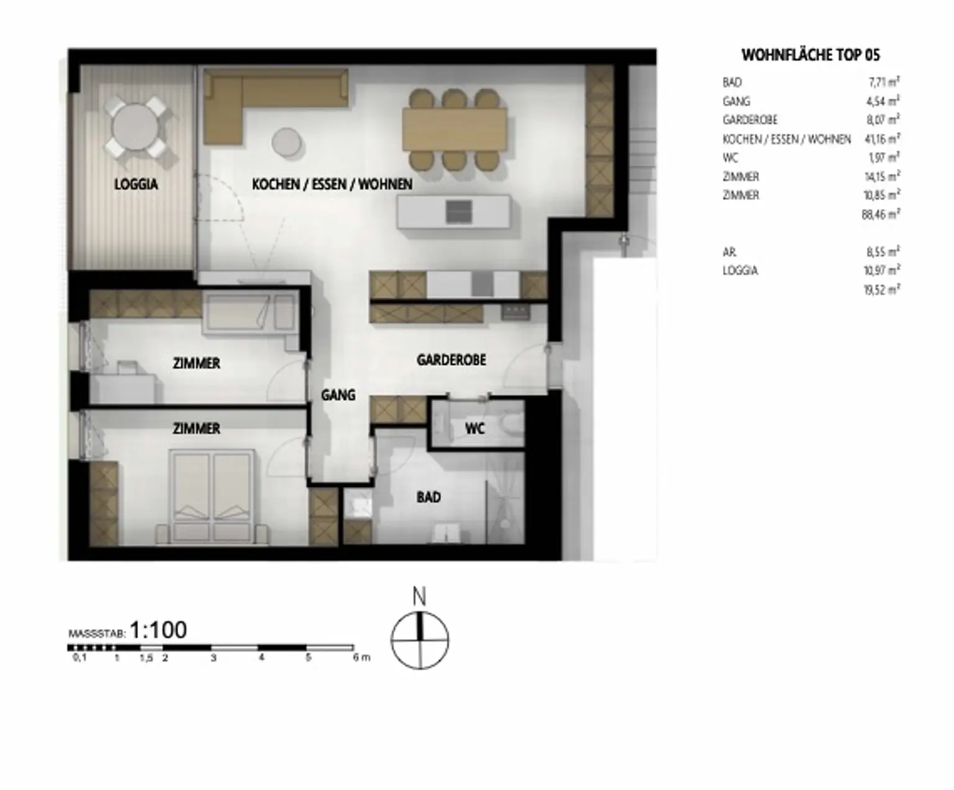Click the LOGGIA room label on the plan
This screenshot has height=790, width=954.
136,184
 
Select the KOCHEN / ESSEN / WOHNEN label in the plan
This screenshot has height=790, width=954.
332,184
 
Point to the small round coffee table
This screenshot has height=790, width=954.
287,141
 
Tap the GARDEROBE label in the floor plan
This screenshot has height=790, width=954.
451,360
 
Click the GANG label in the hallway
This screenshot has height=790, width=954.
338,394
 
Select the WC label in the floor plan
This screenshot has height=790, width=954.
475,429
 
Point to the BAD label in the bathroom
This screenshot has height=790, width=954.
429,497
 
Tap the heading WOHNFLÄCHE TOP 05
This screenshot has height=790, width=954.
811,55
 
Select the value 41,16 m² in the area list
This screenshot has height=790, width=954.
883,138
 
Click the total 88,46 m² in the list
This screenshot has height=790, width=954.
881,214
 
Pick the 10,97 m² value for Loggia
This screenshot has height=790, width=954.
883,270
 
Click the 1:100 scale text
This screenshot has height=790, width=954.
158,630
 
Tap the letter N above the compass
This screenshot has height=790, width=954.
419,597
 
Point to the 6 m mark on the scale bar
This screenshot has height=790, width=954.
361,658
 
